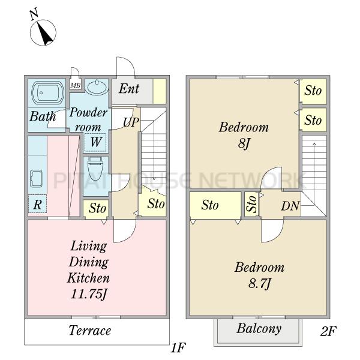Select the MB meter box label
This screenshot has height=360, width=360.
tap(76, 86)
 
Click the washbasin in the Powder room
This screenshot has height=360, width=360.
tap(97, 87)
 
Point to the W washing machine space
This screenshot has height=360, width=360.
tap(95, 142)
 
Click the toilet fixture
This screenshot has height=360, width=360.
tap(95, 169)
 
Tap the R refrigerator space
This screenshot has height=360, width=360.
tap(37, 204)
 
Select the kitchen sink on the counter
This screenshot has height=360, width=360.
tap(36, 179)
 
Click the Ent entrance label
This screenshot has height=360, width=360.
tap(129, 89)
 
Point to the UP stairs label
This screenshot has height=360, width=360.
tap(131, 122)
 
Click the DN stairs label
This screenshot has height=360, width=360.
tap(290, 206)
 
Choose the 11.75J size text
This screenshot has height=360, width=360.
tap(89, 294)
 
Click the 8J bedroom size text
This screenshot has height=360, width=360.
tap(244, 143)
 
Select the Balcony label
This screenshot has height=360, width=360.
tap(259, 329)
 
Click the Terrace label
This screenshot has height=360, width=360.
tap(90, 331)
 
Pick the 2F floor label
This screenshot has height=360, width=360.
tap(328, 331)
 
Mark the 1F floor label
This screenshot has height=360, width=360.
tap(178, 347)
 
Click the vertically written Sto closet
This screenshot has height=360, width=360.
tap(251, 204)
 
